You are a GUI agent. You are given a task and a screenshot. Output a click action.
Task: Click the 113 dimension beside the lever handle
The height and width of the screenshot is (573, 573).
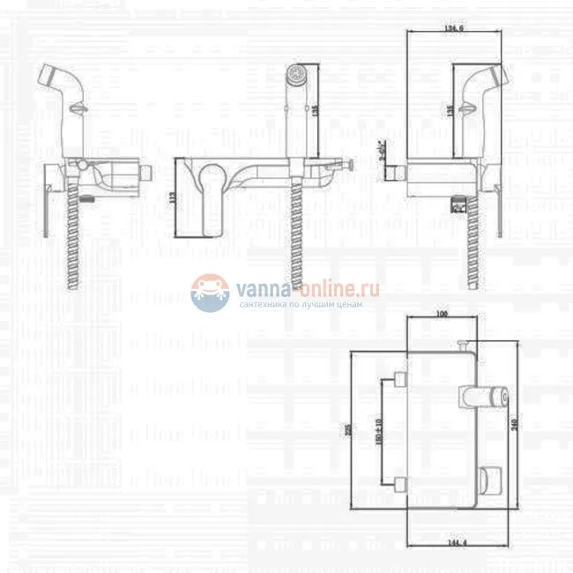click(172, 198)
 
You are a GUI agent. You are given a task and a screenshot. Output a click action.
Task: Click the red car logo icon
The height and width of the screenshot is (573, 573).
click(209, 291)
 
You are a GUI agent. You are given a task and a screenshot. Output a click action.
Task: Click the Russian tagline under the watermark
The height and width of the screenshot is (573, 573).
click(300, 304)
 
